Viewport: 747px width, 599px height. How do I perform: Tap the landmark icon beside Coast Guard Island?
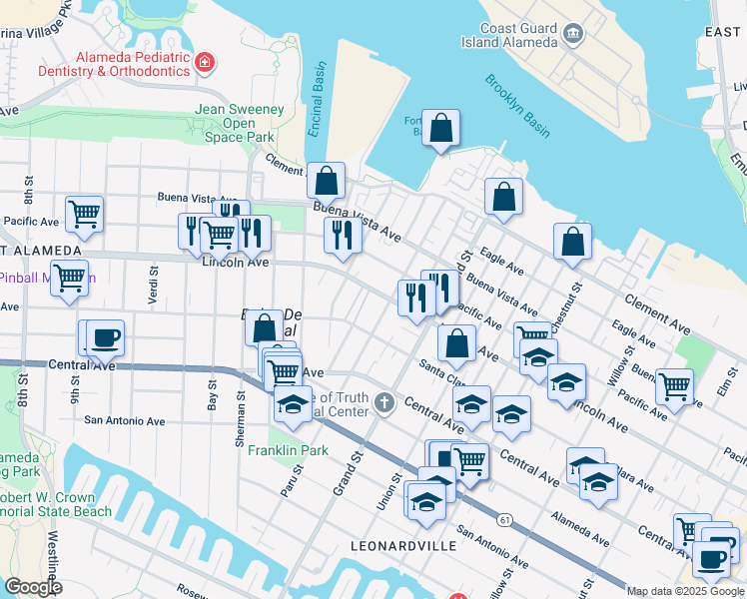(574, 35)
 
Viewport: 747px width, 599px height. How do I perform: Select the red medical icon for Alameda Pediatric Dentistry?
(205, 64)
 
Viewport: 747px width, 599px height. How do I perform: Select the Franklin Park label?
(289, 450)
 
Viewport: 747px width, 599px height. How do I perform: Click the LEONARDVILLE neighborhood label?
(403, 546)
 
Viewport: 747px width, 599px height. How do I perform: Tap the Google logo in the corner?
(33, 586)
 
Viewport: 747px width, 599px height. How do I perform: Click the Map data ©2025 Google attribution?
(684, 591)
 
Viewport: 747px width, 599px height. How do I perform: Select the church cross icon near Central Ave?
(383, 404)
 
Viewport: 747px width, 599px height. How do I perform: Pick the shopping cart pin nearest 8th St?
(84, 213)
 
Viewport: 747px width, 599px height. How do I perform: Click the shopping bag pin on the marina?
(440, 128)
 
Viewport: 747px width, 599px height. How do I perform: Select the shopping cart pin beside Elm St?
(675, 384)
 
